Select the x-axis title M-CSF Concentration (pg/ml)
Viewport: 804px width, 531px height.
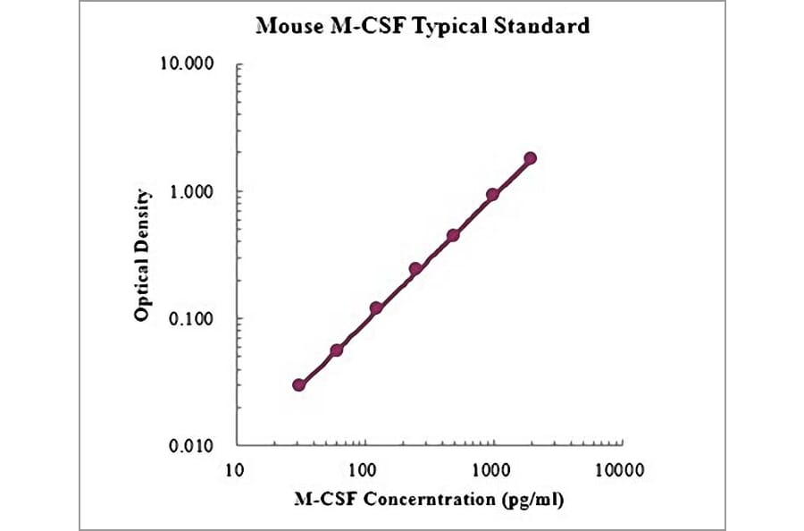(429, 497)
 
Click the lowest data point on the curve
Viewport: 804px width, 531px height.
(299, 384)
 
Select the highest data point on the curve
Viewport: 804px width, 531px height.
(531, 158)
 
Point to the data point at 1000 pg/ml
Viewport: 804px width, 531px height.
(492, 194)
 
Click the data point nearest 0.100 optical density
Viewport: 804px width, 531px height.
(376, 308)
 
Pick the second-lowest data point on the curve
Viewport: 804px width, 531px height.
(337, 350)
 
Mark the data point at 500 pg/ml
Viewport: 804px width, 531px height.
(453, 235)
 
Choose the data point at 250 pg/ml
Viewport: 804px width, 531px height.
(415, 268)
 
